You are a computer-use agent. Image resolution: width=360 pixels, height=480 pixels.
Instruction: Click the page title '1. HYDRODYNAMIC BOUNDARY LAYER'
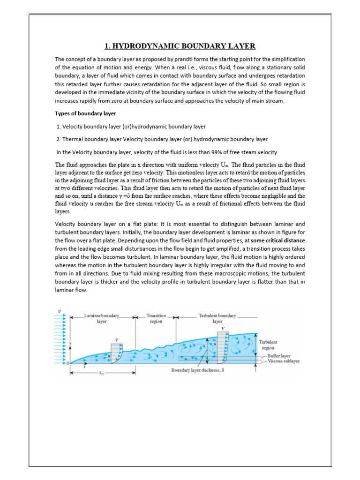pos(180,46)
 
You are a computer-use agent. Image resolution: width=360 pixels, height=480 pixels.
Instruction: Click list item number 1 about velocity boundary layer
pos(131,127)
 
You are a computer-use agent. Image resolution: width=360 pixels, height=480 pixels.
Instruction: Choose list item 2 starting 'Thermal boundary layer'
pos(162,139)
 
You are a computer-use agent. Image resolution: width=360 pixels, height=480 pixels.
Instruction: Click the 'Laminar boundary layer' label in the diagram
pos(102,319)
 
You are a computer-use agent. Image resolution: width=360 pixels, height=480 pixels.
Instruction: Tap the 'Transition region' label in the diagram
pos(156,319)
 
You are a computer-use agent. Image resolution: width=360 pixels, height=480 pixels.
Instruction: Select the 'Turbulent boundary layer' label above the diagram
pos(217,319)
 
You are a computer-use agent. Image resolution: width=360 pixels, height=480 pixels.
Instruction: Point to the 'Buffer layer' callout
pos(279,356)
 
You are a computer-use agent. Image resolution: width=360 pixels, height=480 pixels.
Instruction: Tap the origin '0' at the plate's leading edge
pos(67,363)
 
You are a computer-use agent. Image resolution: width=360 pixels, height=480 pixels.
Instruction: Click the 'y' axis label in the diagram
pos(70,344)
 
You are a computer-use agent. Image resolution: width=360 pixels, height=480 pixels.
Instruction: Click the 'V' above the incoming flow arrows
pos(59,311)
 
